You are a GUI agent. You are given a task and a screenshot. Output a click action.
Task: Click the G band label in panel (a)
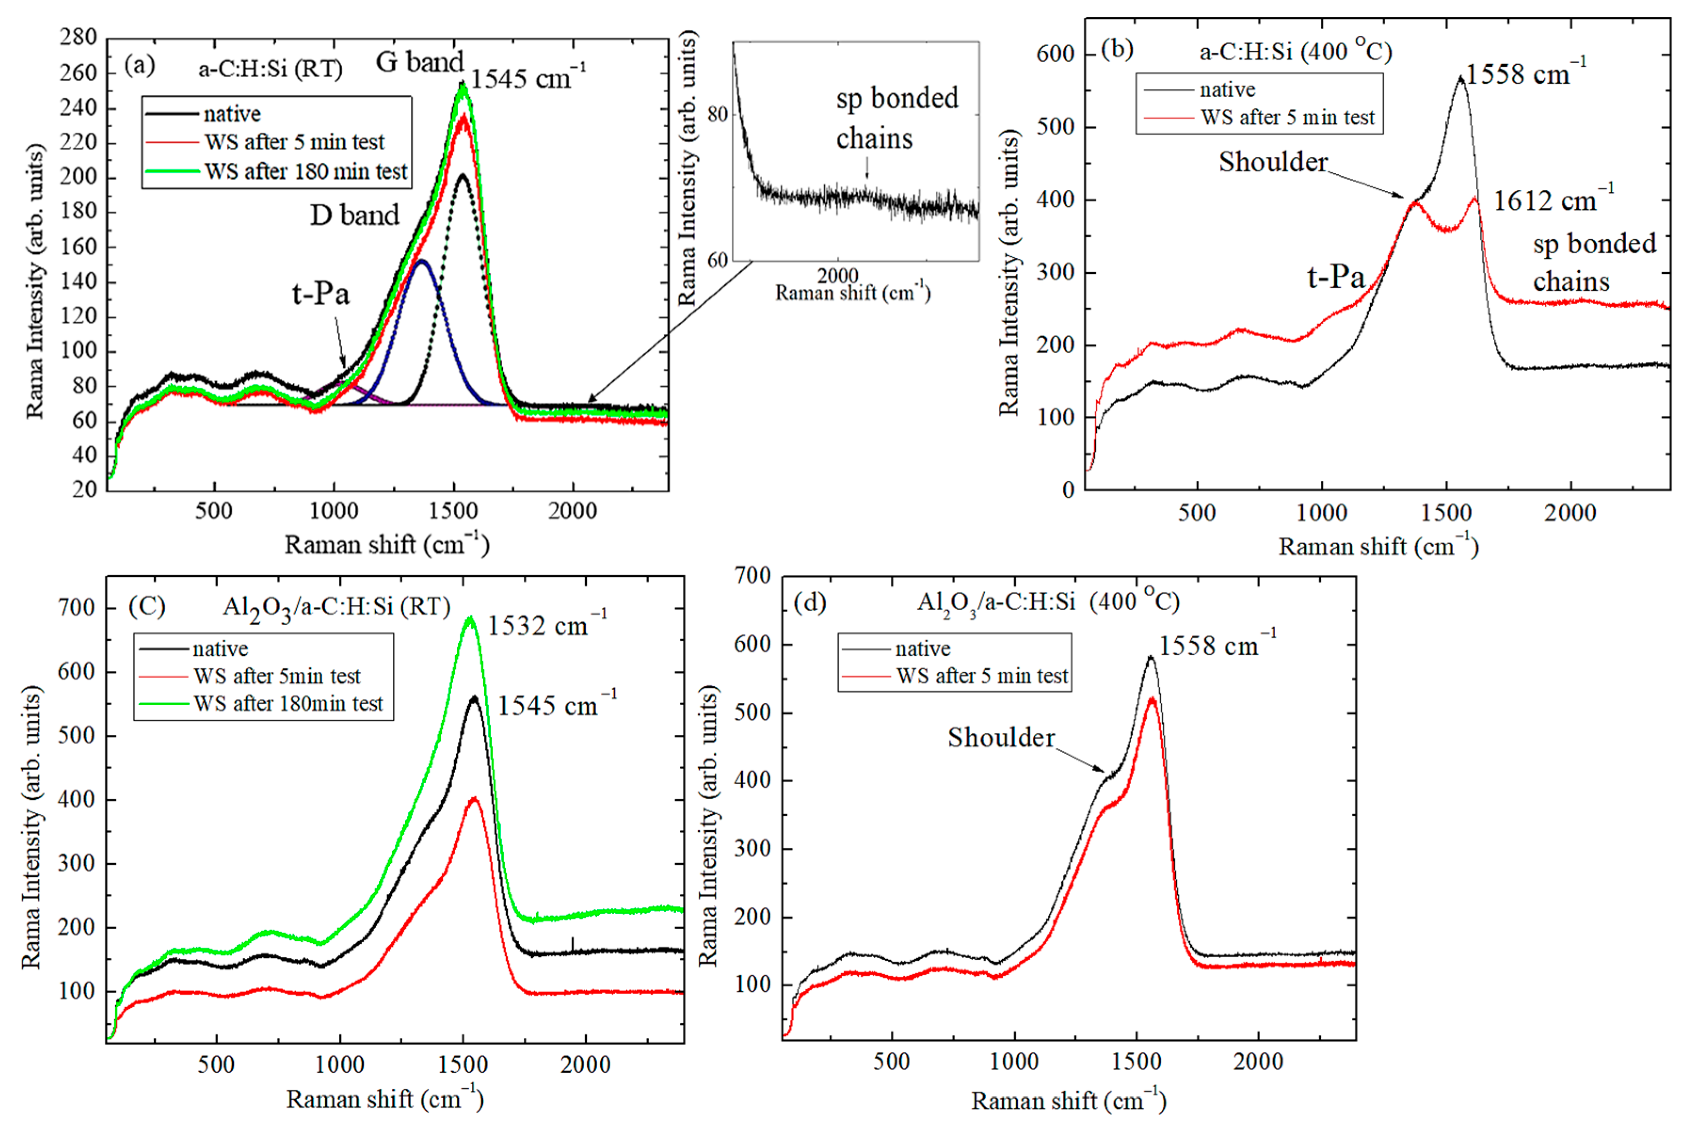click(x=420, y=62)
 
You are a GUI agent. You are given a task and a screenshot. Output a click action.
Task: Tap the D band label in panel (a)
click(x=354, y=215)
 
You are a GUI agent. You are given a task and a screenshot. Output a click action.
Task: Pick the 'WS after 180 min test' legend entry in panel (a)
click(x=305, y=171)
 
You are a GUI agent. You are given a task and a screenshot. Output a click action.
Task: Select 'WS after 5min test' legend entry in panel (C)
click(x=277, y=676)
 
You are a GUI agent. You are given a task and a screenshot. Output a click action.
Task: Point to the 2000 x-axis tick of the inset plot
click(x=838, y=276)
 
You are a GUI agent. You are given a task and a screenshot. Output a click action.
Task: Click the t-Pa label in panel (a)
click(x=320, y=294)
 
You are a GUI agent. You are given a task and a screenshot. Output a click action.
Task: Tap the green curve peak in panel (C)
click(x=470, y=618)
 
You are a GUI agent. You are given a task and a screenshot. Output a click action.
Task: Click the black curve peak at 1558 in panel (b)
click(x=1461, y=77)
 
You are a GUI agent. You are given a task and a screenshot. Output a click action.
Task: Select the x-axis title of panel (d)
click(x=1068, y=1101)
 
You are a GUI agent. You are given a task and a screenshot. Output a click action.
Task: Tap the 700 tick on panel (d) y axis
click(x=752, y=575)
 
